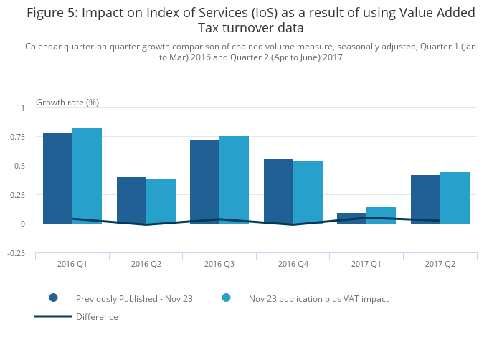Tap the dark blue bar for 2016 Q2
point(131,200)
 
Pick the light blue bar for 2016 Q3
point(234,179)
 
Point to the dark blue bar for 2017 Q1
point(351,218)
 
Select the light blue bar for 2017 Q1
point(381,215)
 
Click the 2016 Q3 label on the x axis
point(219,264)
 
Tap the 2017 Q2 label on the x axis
point(440,264)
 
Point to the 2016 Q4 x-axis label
point(293,264)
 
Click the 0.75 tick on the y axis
point(16,137)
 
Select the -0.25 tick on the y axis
point(15,253)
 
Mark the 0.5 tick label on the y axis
point(19,166)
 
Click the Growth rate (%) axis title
point(67,102)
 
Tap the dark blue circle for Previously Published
point(53,298)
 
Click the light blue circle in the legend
point(226,298)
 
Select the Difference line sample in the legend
point(53,316)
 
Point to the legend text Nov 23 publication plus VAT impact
point(318,298)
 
